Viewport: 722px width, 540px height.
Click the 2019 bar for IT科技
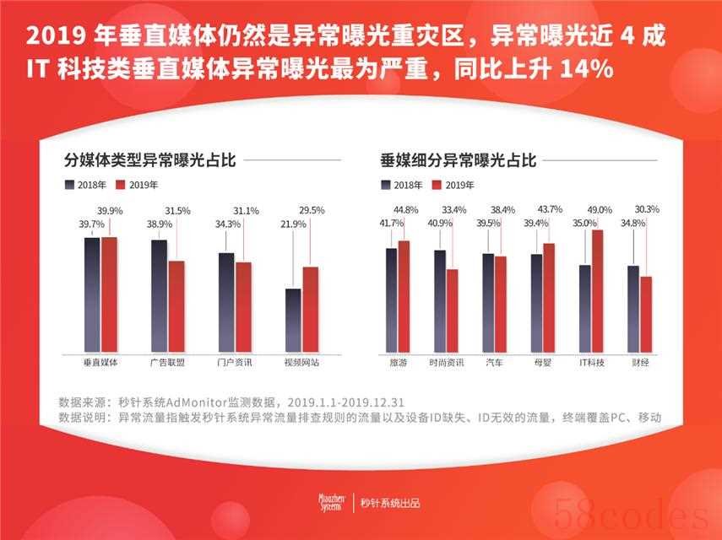[597, 290]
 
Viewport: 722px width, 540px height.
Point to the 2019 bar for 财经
[646, 314]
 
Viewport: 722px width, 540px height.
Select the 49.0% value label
[599, 210]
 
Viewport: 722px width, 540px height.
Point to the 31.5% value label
[177, 210]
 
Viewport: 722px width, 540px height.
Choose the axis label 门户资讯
[235, 363]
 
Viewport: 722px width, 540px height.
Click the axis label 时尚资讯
[445, 363]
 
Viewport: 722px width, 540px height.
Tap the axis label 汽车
[494, 363]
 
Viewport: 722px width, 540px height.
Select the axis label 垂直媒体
[100, 363]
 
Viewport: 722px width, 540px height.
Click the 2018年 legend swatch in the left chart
[69, 185]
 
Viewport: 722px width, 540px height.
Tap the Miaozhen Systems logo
[327, 504]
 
